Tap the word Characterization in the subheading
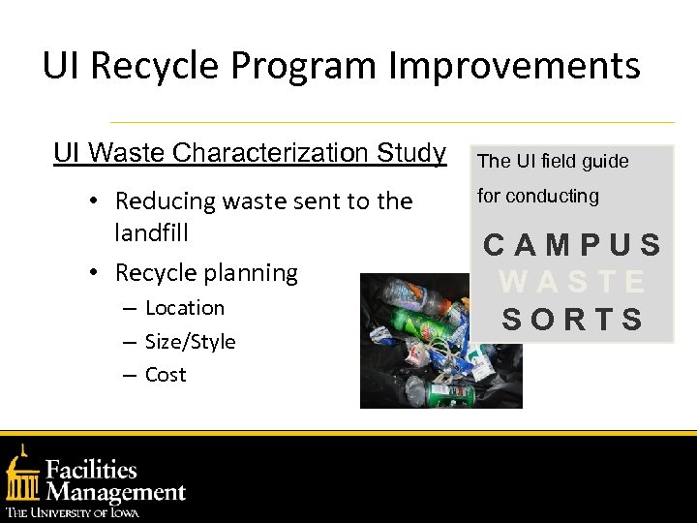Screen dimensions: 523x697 tap(288, 153)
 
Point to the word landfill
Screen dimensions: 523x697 tap(151, 233)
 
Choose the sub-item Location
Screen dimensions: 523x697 tap(184, 308)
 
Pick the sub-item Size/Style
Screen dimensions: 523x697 tap(190, 342)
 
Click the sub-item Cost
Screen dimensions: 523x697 tap(166, 375)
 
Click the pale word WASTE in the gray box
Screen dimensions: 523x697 tap(572, 282)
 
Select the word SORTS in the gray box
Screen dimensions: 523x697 tap(572, 319)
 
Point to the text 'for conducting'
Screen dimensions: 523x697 tap(538, 196)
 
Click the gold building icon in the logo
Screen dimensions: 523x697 tap(21, 477)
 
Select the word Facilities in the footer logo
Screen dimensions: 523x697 tap(93, 470)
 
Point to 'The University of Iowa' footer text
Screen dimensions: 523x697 tap(73, 512)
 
